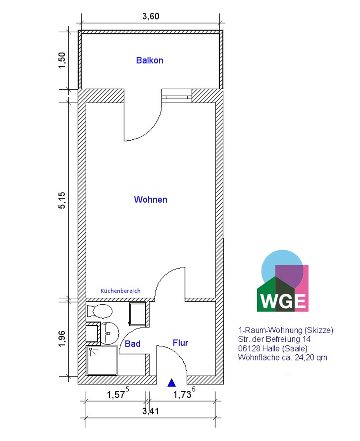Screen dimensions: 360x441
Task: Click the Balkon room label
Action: (x=150, y=60)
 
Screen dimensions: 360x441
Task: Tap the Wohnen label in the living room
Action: (x=151, y=200)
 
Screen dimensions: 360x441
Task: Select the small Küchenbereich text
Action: (x=120, y=291)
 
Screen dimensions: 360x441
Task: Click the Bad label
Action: (x=133, y=344)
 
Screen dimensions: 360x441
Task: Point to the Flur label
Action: (x=180, y=343)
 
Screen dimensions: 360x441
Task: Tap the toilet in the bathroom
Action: (x=100, y=311)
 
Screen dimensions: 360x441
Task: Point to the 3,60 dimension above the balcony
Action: (x=151, y=16)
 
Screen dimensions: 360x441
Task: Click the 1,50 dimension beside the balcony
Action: (x=62, y=60)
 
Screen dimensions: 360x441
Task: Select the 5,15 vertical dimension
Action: (x=62, y=200)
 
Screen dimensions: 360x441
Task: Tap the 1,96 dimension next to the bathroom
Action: (x=62, y=338)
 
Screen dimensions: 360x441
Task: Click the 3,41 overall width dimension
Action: (x=151, y=411)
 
